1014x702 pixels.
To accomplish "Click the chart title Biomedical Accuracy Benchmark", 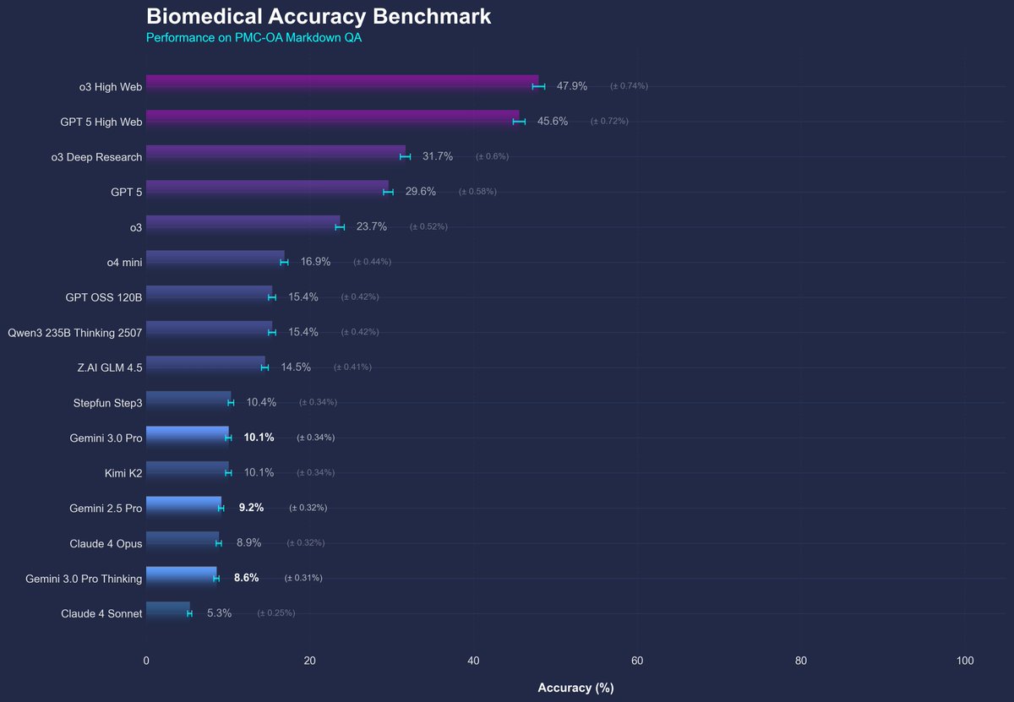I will [319, 16].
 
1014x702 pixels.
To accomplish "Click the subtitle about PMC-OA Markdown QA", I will [253, 38].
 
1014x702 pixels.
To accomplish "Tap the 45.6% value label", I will [552, 122].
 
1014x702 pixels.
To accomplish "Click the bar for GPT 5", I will [267, 191].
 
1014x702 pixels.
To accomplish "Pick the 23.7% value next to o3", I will [372, 226].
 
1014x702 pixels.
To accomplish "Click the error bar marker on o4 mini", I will [284, 262].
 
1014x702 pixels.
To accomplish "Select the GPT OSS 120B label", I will [103, 297].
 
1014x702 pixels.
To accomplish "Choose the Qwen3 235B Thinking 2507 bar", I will [209, 332].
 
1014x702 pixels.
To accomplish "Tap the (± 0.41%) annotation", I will [352, 367].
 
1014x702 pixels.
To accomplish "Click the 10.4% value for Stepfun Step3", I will [261, 402].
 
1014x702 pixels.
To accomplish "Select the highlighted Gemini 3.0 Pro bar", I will [187, 437].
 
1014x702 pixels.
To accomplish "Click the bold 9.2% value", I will [251, 508].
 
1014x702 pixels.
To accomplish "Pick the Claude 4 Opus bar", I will [183, 542].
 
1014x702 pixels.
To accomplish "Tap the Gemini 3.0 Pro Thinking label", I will [84, 578].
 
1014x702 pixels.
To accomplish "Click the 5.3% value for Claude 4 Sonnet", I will [219, 613].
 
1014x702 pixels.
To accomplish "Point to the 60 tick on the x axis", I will [637, 661].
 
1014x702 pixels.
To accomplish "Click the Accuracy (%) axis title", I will [575, 688].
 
